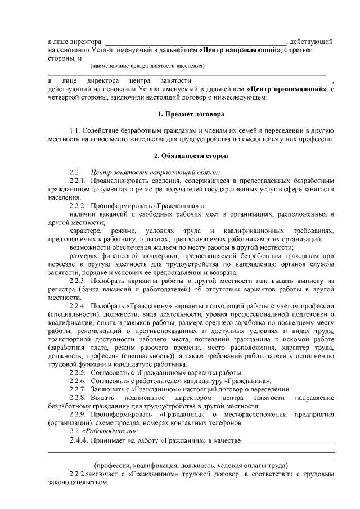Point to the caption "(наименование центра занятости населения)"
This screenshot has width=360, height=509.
pyautogui.click(x=144, y=66)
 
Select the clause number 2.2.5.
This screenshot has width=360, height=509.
pyautogui.click(x=79, y=373)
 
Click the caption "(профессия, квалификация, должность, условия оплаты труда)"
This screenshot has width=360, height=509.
pyautogui.click(x=191, y=466)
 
